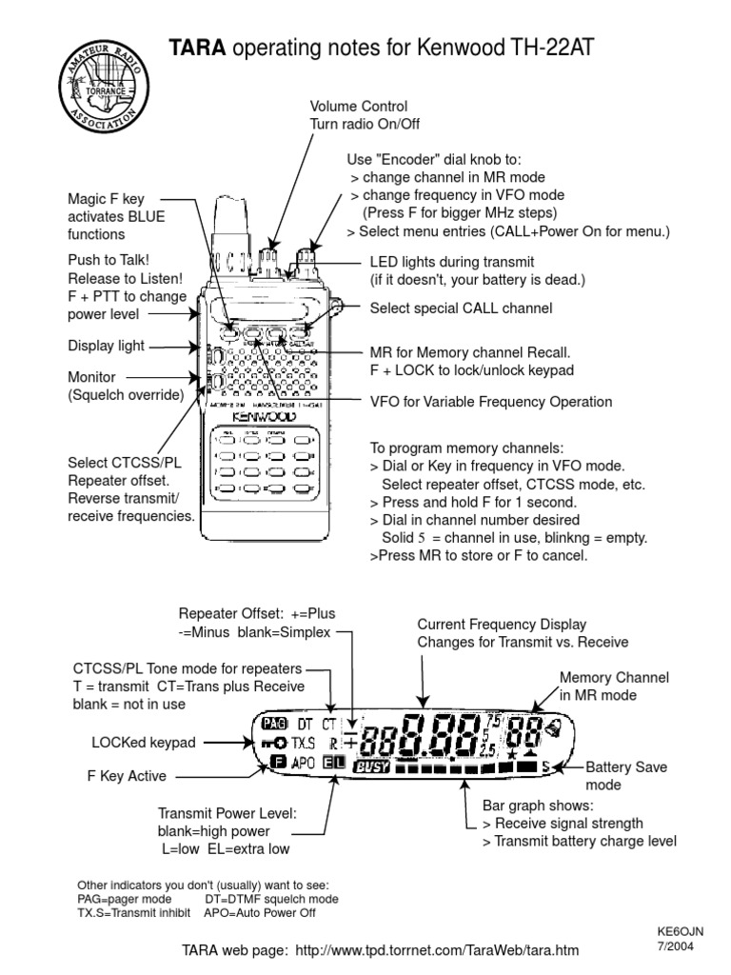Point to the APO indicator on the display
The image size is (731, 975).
[x=305, y=762]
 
